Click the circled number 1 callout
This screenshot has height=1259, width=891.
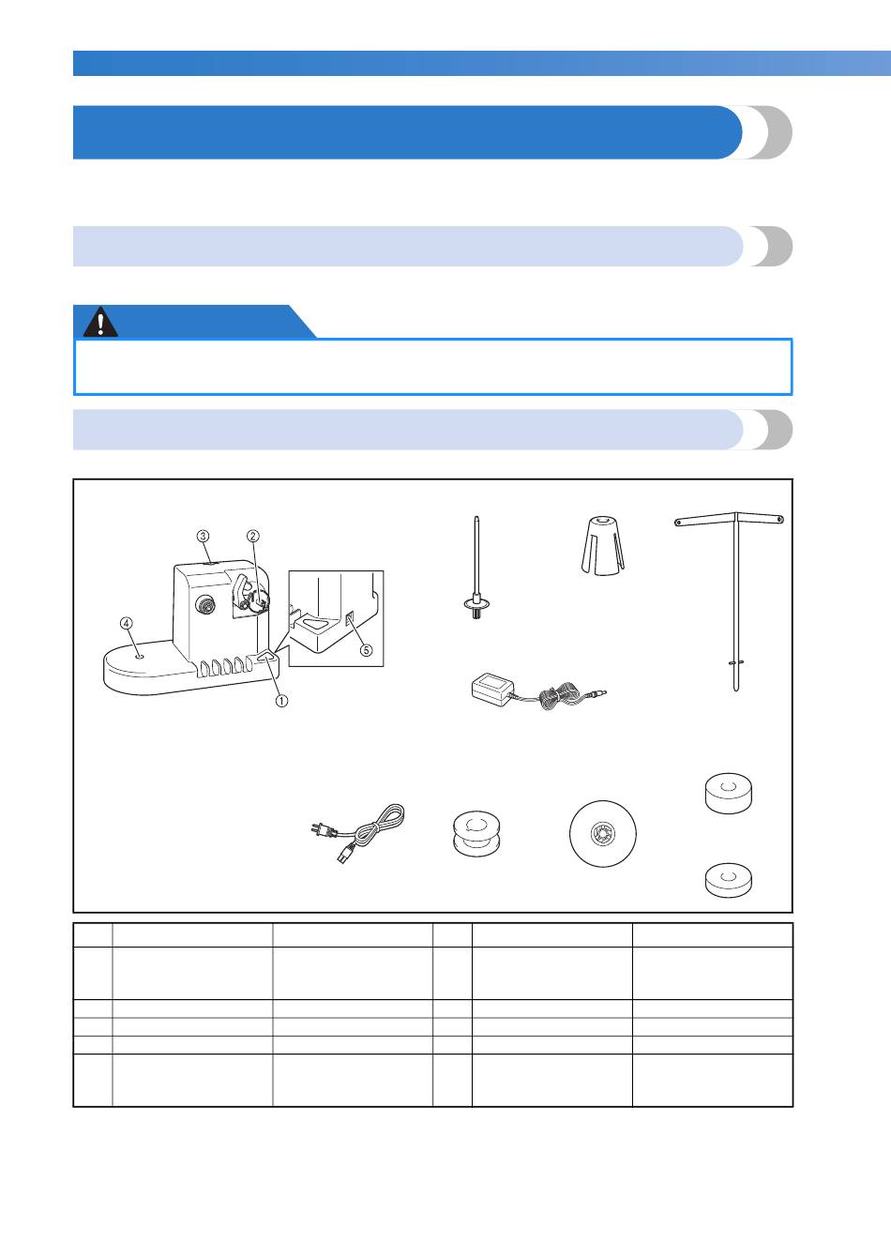click(x=281, y=701)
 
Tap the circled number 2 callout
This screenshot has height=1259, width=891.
click(x=253, y=537)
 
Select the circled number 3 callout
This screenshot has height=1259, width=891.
click(x=203, y=537)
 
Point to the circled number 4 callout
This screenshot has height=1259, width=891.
click(x=127, y=623)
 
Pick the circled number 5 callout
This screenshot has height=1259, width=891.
click(x=366, y=650)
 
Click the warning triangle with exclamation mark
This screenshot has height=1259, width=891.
click(x=100, y=322)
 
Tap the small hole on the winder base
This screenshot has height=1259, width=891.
click(x=141, y=656)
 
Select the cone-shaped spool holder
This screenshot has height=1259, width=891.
click(x=603, y=546)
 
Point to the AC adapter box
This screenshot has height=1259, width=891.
click(x=492, y=690)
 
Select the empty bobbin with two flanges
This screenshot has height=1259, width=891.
click(x=476, y=833)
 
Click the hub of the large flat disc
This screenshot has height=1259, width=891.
click(x=603, y=833)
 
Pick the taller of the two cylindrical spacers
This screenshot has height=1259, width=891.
click(x=728, y=793)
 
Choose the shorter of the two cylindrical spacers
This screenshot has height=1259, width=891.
click(x=728, y=880)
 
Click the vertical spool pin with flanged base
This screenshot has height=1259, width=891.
click(x=476, y=568)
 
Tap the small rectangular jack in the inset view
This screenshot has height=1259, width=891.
click(x=349, y=620)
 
